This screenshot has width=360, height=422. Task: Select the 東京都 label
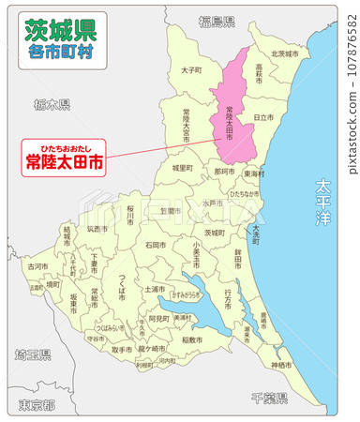[x=37, y=404]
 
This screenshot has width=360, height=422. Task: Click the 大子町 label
[x=191, y=69]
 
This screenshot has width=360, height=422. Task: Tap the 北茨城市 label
[x=284, y=53]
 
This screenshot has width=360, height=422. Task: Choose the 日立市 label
[x=263, y=116]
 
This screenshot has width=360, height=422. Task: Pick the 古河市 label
[x=37, y=266]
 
